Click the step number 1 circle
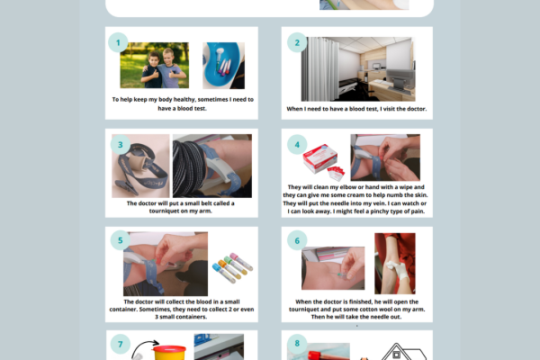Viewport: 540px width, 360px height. click(x=116, y=42)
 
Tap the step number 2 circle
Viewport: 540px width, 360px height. click(x=295, y=42)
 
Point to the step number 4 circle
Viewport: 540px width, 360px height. click(x=295, y=144)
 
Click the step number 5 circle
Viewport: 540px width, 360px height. click(x=116, y=240)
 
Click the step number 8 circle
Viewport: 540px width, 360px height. click(x=295, y=343)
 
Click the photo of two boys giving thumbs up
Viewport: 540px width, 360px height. click(x=154, y=66)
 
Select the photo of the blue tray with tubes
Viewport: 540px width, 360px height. click(x=223, y=66)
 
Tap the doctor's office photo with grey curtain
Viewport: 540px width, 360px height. click(x=357, y=68)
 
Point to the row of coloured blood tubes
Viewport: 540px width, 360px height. click(x=231, y=265)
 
